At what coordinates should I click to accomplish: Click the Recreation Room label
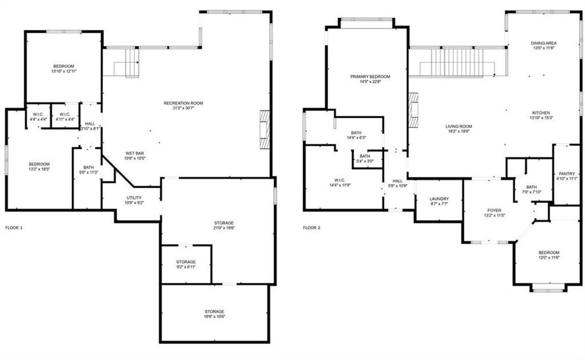[183, 103]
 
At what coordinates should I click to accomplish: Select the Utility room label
[134, 198]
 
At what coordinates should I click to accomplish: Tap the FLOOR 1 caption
[14, 227]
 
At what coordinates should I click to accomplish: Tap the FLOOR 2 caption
[312, 227]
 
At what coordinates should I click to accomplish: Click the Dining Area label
[543, 43]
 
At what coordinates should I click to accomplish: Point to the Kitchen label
[540, 113]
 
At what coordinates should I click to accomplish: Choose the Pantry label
[567, 174]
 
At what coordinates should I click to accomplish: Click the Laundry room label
[439, 199]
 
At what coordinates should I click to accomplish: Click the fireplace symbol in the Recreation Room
[263, 129]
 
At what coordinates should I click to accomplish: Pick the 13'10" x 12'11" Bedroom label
[63, 66]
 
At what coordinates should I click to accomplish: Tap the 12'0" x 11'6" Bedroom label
[549, 253]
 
